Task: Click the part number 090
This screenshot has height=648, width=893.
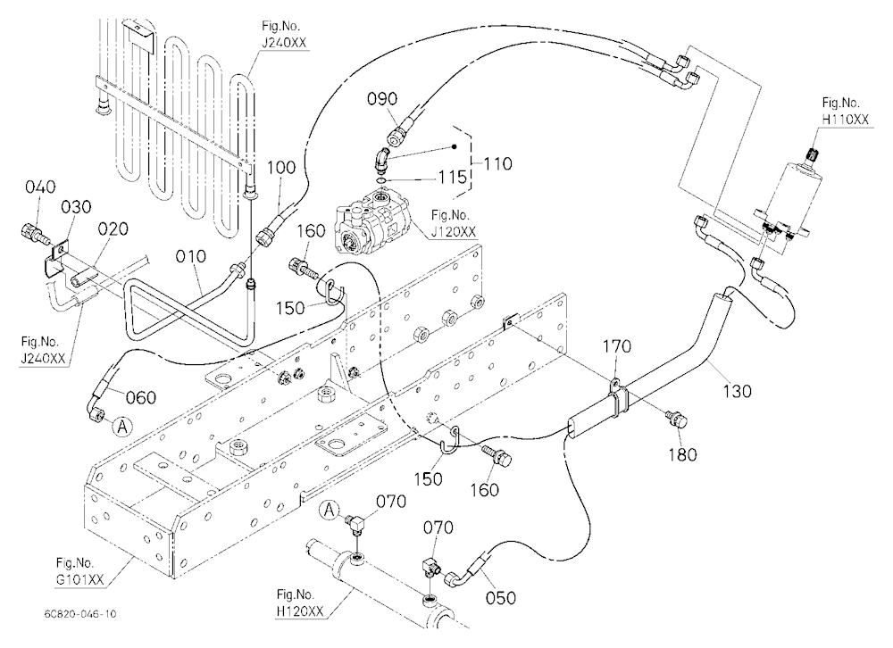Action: click(x=382, y=99)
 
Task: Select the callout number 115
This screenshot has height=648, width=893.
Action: click(x=452, y=177)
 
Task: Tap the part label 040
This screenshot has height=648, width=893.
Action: click(x=40, y=187)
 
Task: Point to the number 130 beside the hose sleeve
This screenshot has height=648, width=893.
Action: click(x=738, y=391)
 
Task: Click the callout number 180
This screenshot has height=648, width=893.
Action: click(x=682, y=454)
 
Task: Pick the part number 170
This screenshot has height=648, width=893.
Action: click(x=617, y=346)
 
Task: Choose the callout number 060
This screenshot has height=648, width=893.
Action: click(x=141, y=397)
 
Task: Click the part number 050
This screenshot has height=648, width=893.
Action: click(x=501, y=597)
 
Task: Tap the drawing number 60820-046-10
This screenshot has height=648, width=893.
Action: click(x=80, y=614)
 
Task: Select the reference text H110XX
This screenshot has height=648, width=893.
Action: click(x=846, y=119)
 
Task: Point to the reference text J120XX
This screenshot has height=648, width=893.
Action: click(x=454, y=232)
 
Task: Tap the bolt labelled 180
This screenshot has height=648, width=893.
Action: click(x=676, y=420)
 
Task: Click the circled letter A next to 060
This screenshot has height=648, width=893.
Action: click(x=121, y=426)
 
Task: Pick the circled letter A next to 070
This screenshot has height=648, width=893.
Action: click(x=330, y=511)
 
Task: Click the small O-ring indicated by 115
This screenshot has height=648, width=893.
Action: click(x=380, y=180)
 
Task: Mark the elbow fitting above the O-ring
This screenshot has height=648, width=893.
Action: click(x=381, y=159)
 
